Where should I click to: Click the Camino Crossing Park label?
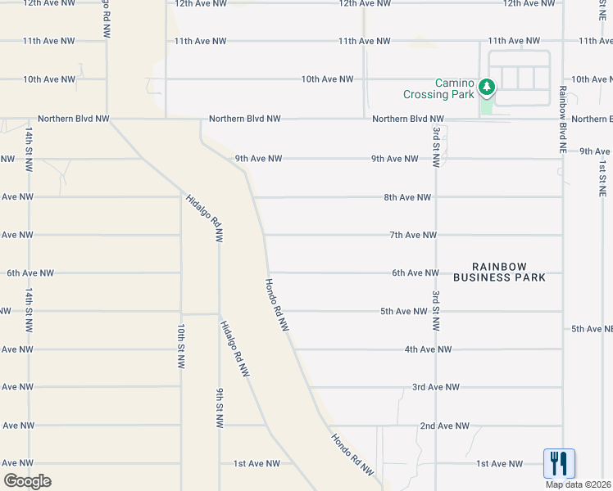438,88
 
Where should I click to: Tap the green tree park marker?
487,86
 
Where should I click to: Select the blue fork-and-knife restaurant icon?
559,463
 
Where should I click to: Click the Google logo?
27,481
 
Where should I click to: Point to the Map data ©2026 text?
579,484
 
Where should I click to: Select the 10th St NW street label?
180,345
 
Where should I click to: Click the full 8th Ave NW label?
407,197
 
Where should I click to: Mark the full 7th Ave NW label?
413,235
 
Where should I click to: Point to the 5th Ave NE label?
592,329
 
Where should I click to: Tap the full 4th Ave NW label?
428,349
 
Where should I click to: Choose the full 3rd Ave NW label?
435,387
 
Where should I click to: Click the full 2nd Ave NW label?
444,426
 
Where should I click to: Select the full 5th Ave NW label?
404,311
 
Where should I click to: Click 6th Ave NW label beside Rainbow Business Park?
415,273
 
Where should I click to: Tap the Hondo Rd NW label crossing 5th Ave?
276,304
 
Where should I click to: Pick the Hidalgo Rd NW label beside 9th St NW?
233,347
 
